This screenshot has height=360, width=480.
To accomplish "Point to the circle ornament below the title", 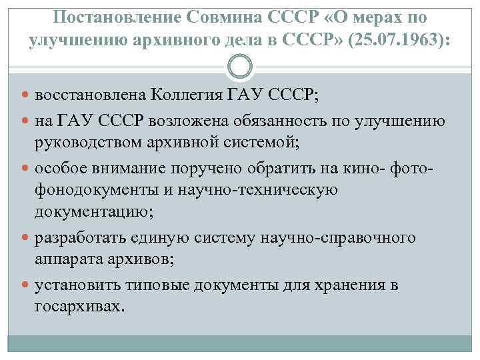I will click(240, 67).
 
